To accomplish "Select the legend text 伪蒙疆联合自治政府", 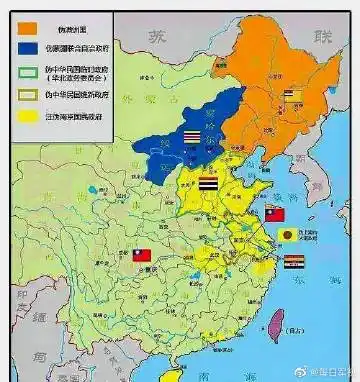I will (x=69, y=45).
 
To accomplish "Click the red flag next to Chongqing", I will (x=140, y=256).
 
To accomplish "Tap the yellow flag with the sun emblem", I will (x=288, y=236).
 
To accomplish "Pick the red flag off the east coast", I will (x=275, y=213).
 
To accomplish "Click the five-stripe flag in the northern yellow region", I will (x=206, y=184).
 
